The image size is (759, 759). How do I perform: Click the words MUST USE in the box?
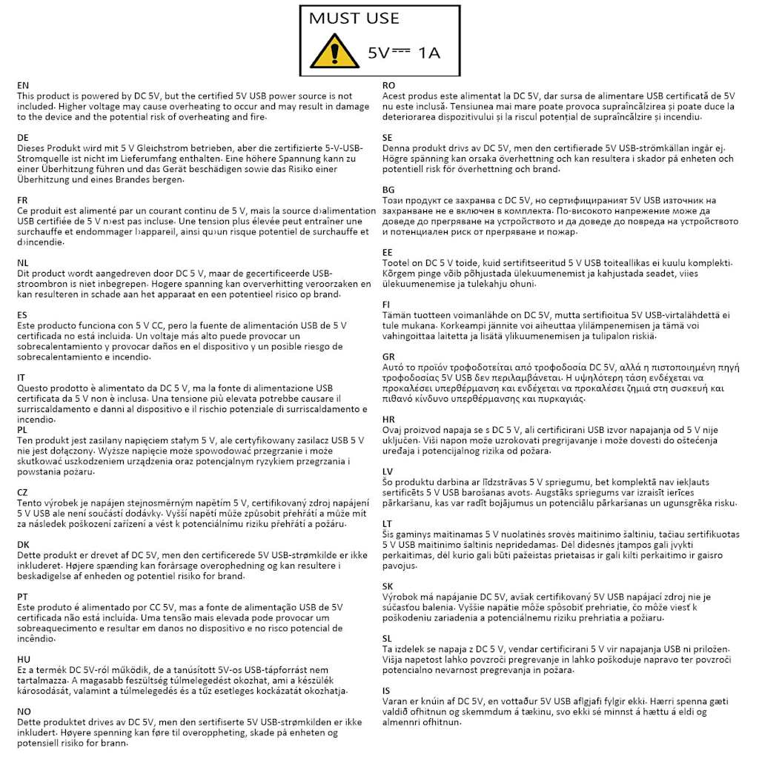[354, 19]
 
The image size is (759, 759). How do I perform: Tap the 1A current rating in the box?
[429, 53]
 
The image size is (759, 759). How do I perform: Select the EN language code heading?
[23, 86]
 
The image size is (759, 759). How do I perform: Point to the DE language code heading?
[23, 138]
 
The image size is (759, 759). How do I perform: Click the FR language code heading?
[23, 200]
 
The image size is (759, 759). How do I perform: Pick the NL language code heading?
[23, 262]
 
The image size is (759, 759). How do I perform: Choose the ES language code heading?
[23, 314]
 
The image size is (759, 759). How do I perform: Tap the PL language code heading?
[23, 429]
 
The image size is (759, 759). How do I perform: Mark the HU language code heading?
[24, 658]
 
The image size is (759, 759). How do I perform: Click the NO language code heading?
[24, 710]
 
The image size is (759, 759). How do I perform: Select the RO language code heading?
[388, 86]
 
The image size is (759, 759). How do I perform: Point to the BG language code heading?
[388, 190]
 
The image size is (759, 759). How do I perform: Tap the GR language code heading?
[388, 356]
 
